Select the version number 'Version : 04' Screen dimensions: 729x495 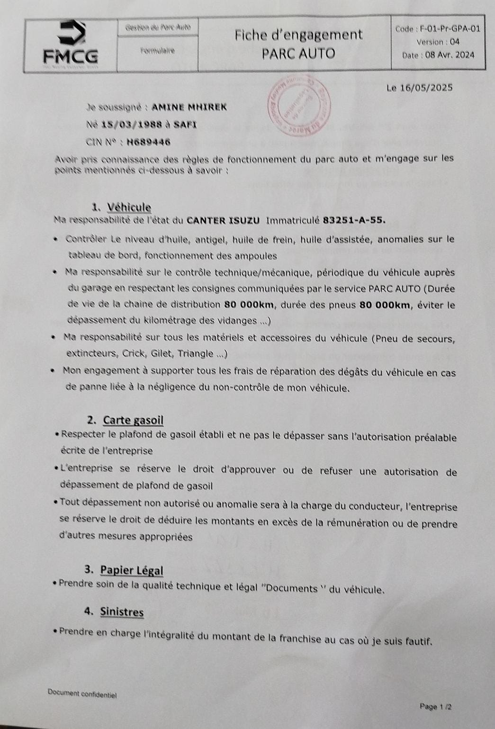coord(438,42)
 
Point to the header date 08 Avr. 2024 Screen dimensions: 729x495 coord(450,55)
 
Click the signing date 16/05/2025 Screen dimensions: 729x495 coord(426,88)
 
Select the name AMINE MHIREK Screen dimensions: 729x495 coord(189,107)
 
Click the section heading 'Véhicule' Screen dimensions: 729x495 coord(129,207)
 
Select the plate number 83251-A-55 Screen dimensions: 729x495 coord(354,220)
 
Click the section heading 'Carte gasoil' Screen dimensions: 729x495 coord(133,420)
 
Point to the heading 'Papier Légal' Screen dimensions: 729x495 coord(132,570)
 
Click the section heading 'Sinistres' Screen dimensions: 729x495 coord(122,612)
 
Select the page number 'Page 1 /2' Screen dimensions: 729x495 coord(436,707)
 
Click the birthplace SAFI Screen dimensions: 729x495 coord(186,125)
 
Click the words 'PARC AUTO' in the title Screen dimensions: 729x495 coord(298,54)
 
